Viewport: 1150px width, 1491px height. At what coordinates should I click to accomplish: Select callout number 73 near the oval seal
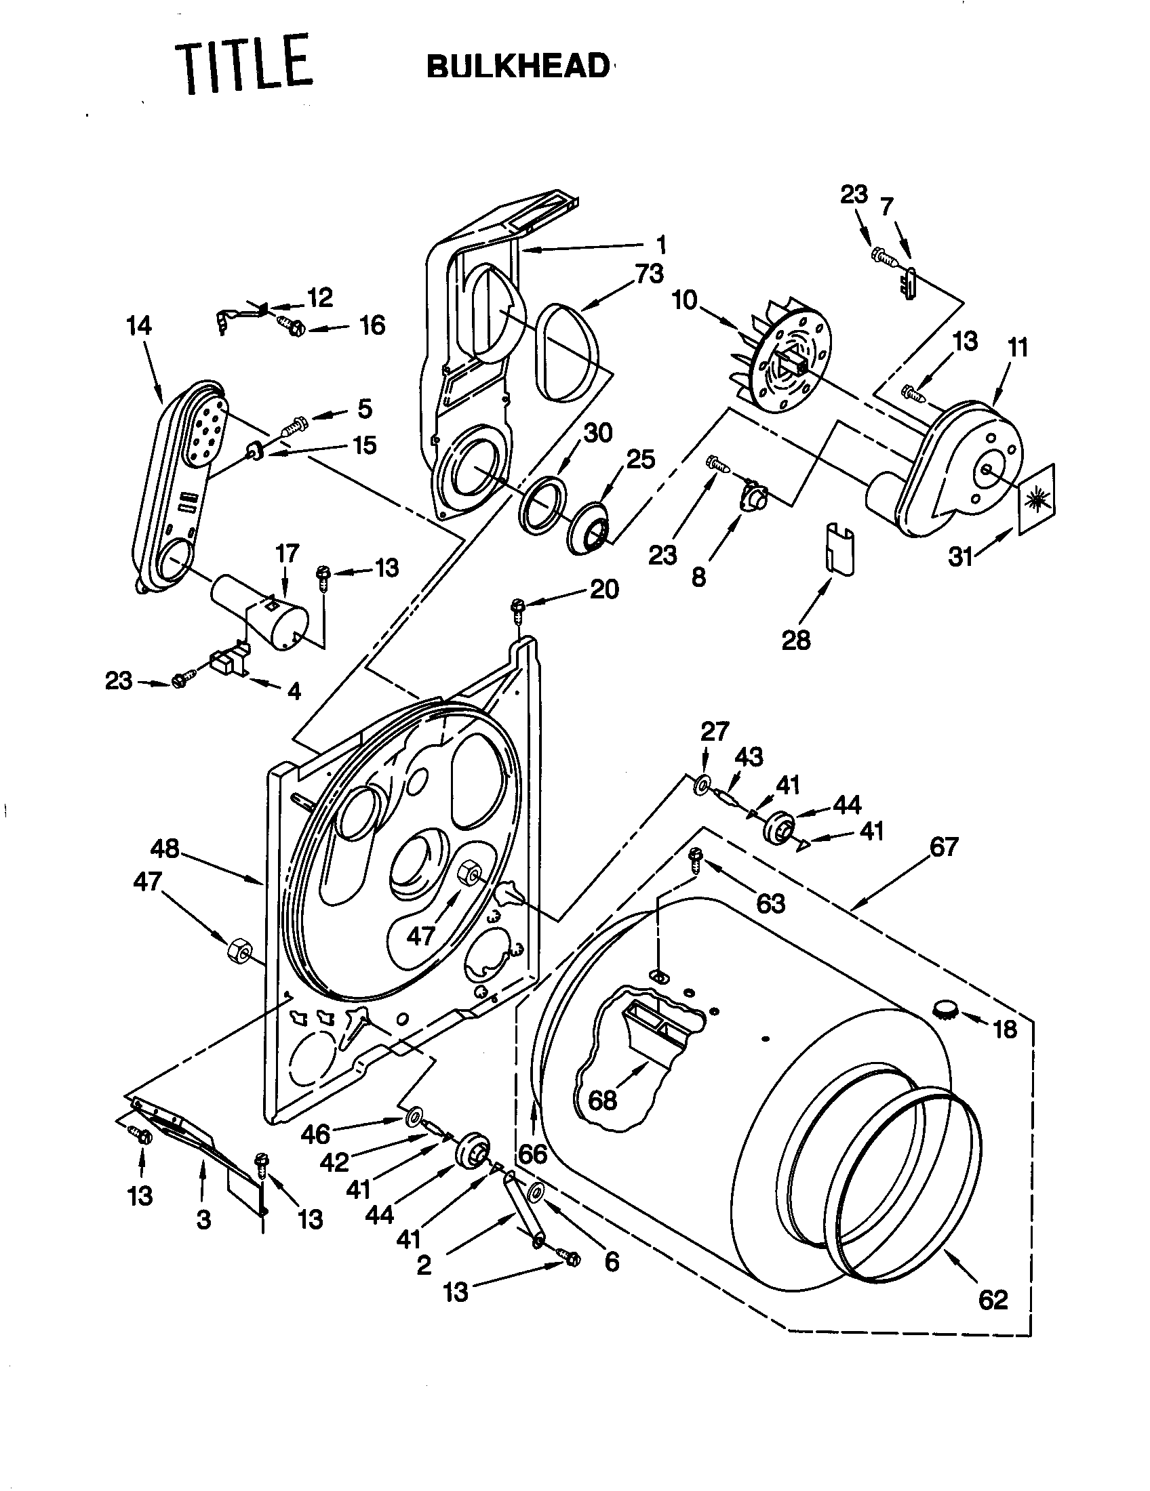tap(648, 274)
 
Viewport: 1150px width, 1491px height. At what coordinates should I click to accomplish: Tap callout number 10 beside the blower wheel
tap(685, 300)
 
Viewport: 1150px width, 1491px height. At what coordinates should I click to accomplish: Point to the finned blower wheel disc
tap(785, 365)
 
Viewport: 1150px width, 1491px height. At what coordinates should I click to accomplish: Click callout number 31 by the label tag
tap(961, 557)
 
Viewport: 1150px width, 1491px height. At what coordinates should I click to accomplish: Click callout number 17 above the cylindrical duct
tap(287, 553)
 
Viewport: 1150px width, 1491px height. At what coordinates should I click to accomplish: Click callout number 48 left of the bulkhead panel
tap(165, 849)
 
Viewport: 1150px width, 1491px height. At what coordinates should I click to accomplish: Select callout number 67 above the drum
tap(944, 847)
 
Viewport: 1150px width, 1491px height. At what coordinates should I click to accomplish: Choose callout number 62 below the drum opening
tap(993, 1300)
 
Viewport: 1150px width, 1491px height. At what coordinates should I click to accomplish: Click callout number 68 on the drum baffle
tap(602, 1100)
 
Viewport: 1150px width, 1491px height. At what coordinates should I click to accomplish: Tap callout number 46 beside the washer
tap(315, 1135)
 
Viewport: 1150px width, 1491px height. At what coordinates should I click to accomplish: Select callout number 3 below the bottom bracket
tap(203, 1220)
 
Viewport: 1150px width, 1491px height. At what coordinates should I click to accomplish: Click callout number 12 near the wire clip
tap(319, 298)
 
